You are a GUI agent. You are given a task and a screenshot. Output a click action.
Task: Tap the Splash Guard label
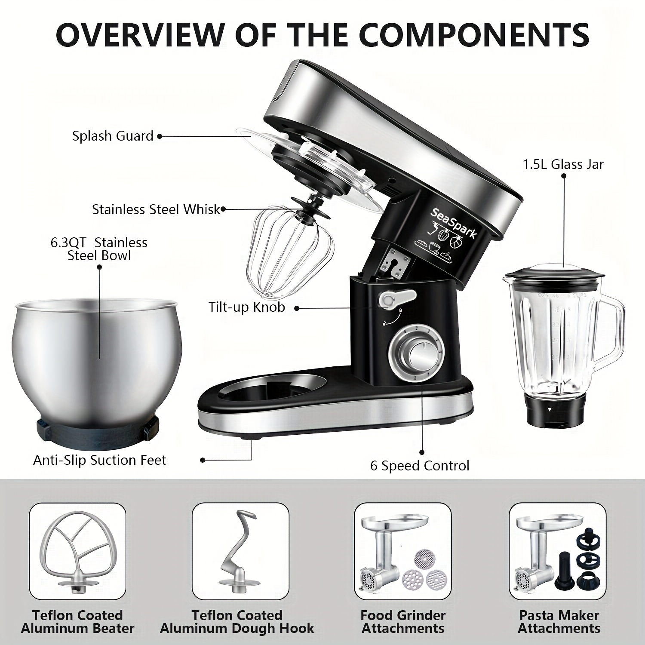click(113, 136)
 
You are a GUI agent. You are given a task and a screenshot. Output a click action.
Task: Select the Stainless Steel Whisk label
click(156, 209)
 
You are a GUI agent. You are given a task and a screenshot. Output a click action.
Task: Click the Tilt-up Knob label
click(247, 307)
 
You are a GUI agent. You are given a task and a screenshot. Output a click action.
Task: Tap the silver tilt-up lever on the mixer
click(397, 298)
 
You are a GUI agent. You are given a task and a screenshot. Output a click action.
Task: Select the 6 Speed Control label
click(420, 466)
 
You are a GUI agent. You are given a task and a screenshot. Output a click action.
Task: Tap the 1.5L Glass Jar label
click(563, 164)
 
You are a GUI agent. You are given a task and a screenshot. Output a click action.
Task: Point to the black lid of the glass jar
click(551, 276)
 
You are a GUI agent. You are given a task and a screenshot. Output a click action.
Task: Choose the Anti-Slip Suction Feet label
click(99, 460)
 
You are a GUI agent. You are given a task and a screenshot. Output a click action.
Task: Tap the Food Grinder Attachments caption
click(403, 622)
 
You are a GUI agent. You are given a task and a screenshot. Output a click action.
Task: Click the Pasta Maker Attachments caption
click(559, 622)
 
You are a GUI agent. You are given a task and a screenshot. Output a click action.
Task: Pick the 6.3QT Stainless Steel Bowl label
click(99, 249)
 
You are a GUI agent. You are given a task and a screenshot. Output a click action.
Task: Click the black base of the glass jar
click(551, 411)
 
